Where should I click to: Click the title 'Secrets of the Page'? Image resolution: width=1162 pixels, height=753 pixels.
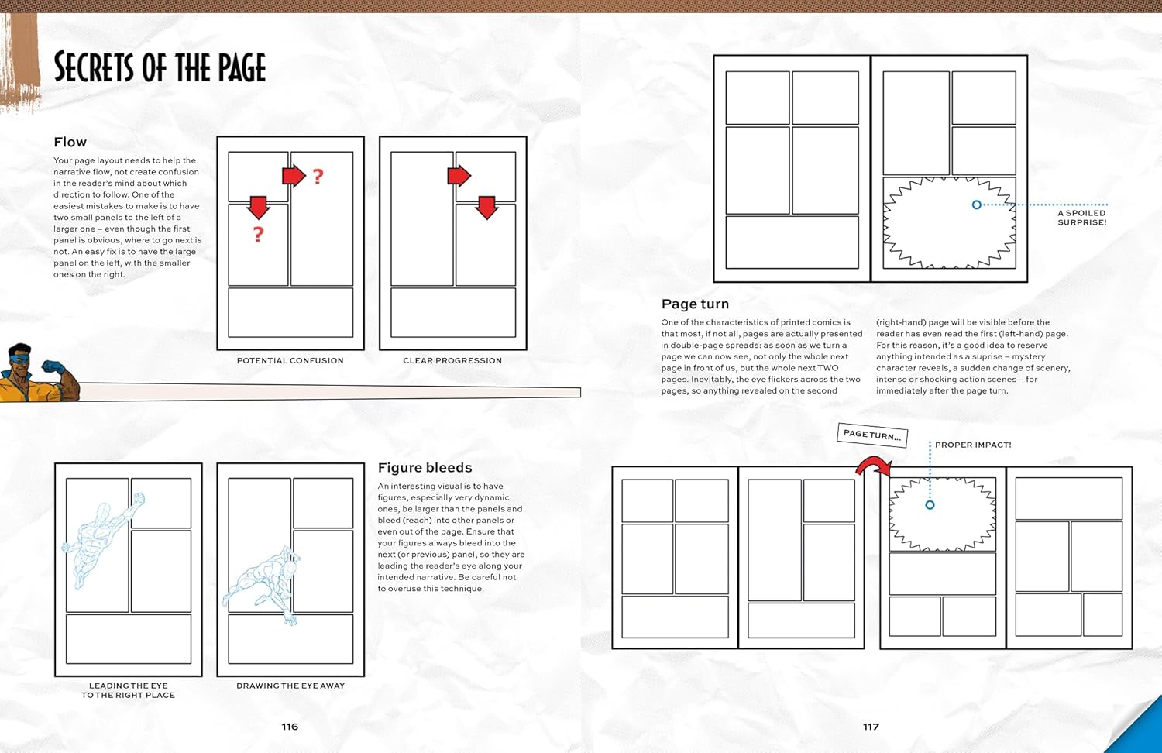pyautogui.click(x=160, y=67)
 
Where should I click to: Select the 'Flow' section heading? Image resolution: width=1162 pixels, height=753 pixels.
pyautogui.click(x=70, y=142)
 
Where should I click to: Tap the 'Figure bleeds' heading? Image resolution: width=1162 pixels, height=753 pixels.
pyautogui.click(x=425, y=468)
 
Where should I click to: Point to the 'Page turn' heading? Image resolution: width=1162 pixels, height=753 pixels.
pyautogui.click(x=695, y=304)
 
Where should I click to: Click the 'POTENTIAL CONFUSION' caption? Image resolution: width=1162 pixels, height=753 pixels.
pyautogui.click(x=290, y=361)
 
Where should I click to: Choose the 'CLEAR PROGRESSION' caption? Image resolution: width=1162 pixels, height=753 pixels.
pyautogui.click(x=452, y=361)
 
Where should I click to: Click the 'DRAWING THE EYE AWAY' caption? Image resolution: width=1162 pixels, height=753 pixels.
pyautogui.click(x=290, y=686)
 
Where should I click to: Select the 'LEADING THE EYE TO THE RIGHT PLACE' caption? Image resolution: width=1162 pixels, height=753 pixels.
pyautogui.click(x=129, y=690)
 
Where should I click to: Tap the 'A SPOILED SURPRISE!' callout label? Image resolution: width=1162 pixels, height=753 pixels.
pyautogui.click(x=1082, y=218)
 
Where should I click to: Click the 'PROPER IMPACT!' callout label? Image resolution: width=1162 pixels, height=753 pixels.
pyautogui.click(x=973, y=445)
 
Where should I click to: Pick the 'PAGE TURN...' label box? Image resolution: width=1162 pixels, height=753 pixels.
pyautogui.click(x=872, y=435)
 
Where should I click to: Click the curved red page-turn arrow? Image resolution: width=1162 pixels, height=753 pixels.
pyautogui.click(x=873, y=466)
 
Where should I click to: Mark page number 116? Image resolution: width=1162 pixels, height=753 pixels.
pyautogui.click(x=290, y=727)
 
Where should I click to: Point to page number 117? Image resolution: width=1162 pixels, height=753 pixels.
pyautogui.click(x=871, y=727)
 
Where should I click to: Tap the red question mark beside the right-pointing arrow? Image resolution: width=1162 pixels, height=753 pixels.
pyautogui.click(x=318, y=177)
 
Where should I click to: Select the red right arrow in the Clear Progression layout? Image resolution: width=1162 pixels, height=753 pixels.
pyautogui.click(x=459, y=176)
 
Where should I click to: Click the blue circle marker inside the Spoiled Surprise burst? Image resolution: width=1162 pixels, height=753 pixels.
pyautogui.click(x=977, y=205)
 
